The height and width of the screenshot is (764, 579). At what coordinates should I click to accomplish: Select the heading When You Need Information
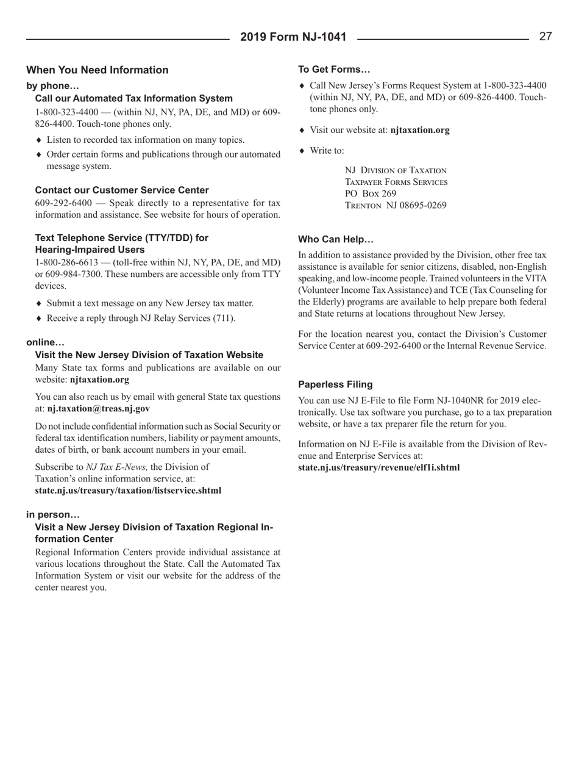[98, 70]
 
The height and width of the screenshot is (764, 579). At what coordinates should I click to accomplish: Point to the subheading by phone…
[53, 86]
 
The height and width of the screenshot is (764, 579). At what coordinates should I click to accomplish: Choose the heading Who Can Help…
[335, 240]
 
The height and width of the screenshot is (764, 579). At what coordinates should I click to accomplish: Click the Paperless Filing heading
[334, 385]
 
